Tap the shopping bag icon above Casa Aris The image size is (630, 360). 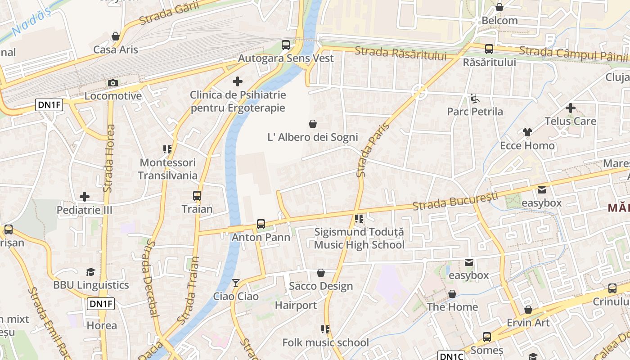116,36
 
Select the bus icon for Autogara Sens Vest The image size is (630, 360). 286,45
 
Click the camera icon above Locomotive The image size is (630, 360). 113,83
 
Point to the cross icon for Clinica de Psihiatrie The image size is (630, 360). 238,81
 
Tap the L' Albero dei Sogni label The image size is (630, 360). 313,137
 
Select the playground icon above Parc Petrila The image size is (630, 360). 474,98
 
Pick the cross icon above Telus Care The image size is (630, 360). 570,108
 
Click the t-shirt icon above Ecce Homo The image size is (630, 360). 527,132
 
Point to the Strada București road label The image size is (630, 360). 455,201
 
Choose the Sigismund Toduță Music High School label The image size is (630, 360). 359,238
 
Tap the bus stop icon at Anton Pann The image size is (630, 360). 261,224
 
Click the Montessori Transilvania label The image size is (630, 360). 167,169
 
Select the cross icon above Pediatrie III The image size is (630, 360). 84,197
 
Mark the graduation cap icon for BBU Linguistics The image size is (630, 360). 91,272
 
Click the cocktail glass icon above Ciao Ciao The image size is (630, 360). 236,283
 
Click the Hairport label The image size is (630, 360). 296,305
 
